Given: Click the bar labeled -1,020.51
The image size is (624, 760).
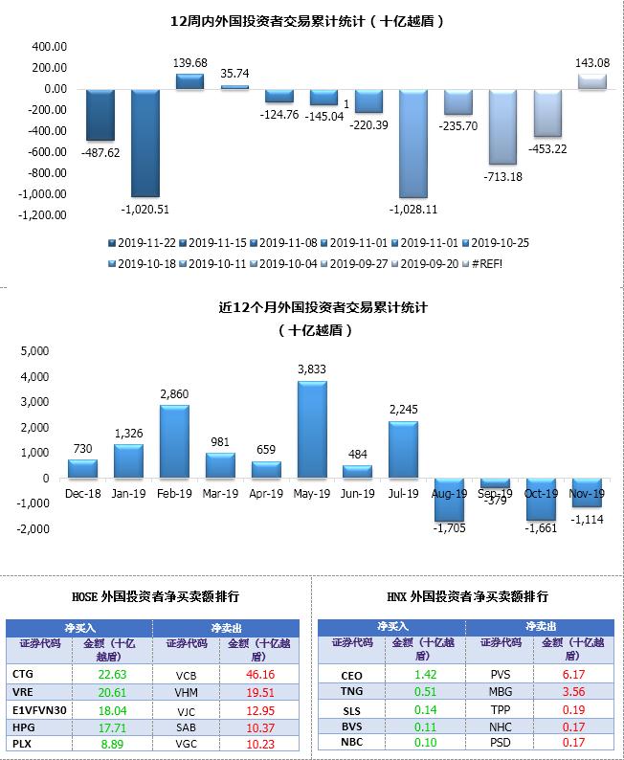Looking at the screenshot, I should coord(145,143).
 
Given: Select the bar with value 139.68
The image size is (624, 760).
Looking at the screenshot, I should coord(189,81).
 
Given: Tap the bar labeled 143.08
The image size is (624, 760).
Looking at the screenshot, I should coord(591,81).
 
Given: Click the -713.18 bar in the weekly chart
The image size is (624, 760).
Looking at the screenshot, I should coord(503,126).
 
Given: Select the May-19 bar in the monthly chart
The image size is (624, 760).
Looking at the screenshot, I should coord(311,430).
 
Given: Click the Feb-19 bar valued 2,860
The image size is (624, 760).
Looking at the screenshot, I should coord(173,442).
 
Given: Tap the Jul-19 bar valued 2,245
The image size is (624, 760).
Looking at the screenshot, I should coord(403,450).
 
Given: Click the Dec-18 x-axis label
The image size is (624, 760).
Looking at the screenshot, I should coord(82,494).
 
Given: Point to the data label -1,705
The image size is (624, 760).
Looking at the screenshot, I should coord(449,527).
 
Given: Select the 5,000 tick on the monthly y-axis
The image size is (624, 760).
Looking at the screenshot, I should coord(33,351).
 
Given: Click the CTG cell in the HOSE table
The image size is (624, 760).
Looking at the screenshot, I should coord(24,674).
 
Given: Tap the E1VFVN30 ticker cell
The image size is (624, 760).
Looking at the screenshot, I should coord(42,710).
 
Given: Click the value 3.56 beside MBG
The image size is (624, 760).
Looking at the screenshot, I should coord(574,691).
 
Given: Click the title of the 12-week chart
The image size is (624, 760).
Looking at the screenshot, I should coord(311,19).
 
